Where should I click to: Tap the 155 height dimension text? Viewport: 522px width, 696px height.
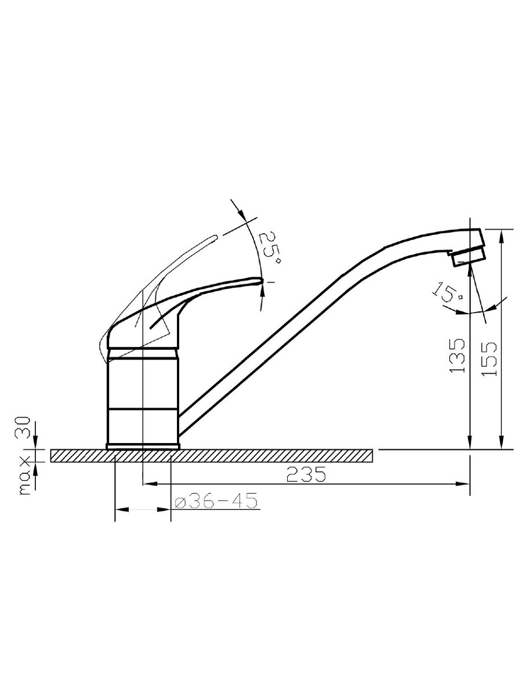pyautogui.click(x=488, y=358)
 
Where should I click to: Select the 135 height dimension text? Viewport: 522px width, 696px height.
pyautogui.click(x=456, y=355)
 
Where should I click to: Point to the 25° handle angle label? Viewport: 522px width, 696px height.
pyautogui.click(x=270, y=248)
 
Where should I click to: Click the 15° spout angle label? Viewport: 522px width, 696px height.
pyautogui.click(x=448, y=291)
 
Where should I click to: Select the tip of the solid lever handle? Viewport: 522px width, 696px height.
pyautogui.click(x=262, y=281)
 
